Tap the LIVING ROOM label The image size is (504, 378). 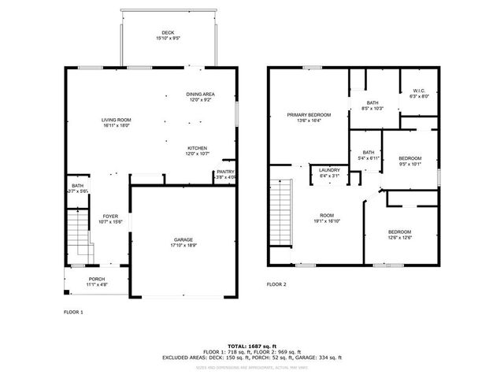click(115, 120)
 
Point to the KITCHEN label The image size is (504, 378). click(197, 148)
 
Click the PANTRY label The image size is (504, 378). click(225, 172)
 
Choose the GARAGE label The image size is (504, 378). click(183, 239)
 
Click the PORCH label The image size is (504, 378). click(97, 279)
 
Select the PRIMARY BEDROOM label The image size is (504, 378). click(309, 115)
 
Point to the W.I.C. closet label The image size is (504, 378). click(418, 91)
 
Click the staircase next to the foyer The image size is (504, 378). click(78, 235)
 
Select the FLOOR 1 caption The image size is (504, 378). click(73, 312)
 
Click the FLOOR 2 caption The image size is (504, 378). click(276, 283)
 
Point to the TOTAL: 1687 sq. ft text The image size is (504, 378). click(252, 346)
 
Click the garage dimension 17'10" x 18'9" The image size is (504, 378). click(183, 246)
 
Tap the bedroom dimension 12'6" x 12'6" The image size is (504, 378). click(400, 237)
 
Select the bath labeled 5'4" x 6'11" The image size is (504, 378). click(369, 156)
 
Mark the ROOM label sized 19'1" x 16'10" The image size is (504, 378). click(326, 217)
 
